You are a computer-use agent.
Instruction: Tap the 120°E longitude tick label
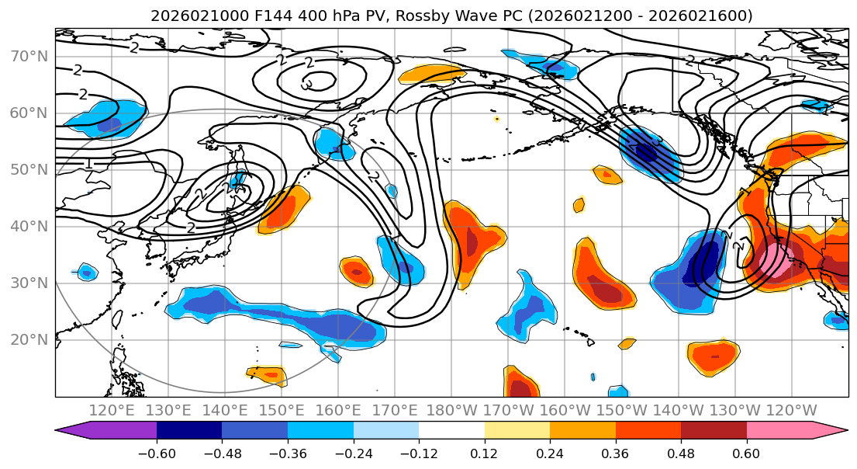[112, 410]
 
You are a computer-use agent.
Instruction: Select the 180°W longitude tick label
[452, 410]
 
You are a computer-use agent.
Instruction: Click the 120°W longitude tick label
[791, 410]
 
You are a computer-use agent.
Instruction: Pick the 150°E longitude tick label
[282, 410]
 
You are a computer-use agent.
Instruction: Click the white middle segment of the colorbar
[451, 431]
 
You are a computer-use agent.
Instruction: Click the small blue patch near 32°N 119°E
[87, 272]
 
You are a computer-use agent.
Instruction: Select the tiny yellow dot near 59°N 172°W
[496, 119]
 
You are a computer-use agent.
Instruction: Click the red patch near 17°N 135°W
[712, 357]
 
